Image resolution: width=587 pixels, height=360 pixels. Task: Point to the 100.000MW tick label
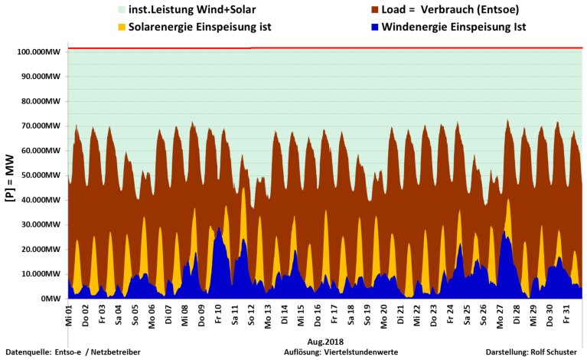(x=40, y=52)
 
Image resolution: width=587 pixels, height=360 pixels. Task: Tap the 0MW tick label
(x=51, y=299)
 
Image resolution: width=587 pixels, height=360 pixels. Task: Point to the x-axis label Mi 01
(x=70, y=313)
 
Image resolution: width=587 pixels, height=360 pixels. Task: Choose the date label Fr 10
(x=219, y=313)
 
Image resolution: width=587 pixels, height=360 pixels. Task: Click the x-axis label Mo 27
(x=501, y=313)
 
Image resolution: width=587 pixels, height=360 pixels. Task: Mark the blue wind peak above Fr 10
(x=219, y=229)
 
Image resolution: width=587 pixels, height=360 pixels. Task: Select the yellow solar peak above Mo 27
(x=508, y=201)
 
